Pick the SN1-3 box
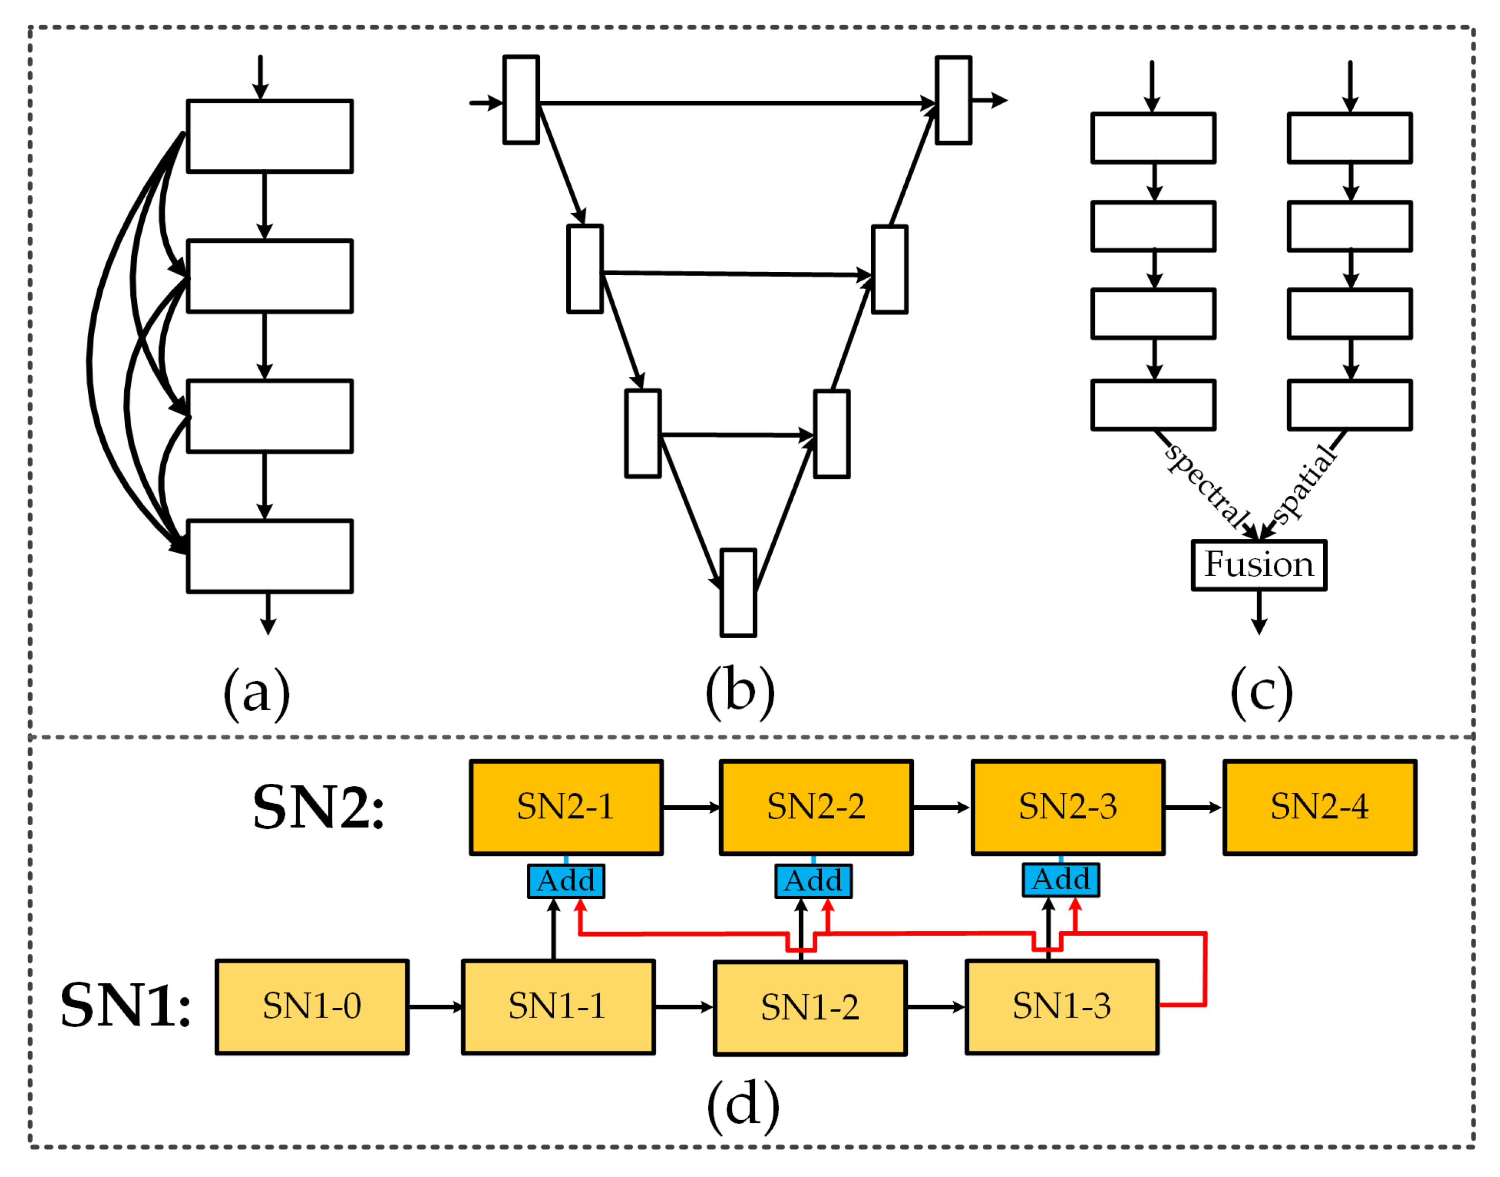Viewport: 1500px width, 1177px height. pos(1062,1007)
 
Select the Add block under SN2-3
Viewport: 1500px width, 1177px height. pos(1060,880)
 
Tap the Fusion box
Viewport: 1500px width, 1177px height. pos(1259,565)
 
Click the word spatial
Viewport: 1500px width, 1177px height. pos(1304,484)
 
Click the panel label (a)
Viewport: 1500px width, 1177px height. pos(256,693)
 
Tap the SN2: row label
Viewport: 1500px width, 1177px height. pos(319,807)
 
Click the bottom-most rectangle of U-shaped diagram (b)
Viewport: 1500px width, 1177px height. pos(738,593)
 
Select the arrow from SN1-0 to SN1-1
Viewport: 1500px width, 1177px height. pos(435,1007)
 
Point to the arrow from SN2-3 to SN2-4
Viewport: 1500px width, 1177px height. pos(1193,808)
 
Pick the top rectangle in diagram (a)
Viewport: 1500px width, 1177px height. pos(270,136)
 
